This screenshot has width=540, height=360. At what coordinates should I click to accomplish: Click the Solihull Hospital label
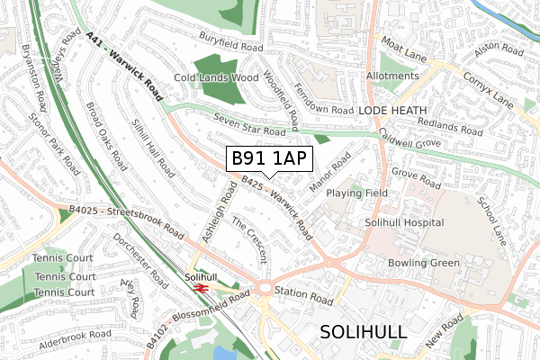pyautogui.click(x=404, y=222)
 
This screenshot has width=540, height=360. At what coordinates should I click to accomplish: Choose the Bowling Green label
pyautogui.click(x=423, y=263)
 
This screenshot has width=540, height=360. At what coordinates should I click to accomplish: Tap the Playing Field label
pyautogui.click(x=357, y=193)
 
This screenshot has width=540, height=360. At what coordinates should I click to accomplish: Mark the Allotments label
pyautogui.click(x=392, y=77)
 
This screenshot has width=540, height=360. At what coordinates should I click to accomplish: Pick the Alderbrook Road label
pyautogui.click(x=74, y=333)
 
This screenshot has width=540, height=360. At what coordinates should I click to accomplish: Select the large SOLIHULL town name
pyautogui.click(x=364, y=331)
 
